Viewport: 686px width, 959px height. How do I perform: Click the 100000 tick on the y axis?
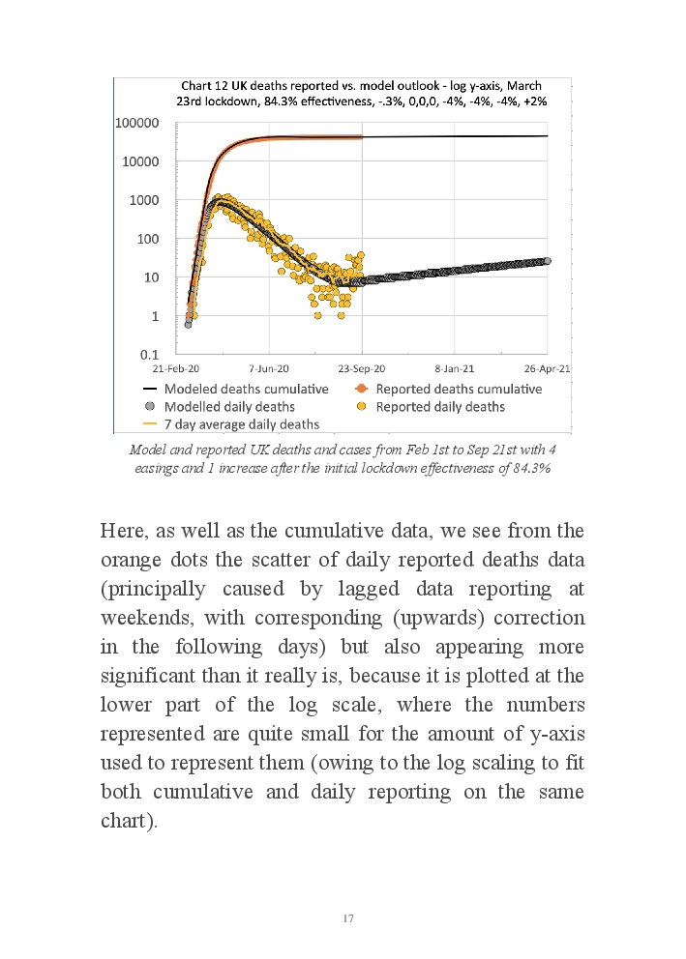137,124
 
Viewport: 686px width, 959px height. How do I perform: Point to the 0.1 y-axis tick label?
149,354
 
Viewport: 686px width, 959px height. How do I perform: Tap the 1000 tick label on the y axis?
145,200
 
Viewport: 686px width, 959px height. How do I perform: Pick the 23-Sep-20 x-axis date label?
362,369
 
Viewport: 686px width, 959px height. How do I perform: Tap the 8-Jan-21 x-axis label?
454,369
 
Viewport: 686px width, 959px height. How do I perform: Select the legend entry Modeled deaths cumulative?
247,389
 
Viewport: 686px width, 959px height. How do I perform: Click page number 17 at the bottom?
348,918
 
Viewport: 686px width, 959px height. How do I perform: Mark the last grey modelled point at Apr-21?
548,261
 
